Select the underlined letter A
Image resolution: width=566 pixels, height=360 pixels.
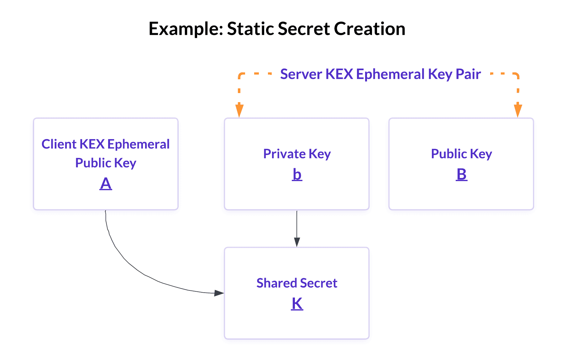(x=106, y=184)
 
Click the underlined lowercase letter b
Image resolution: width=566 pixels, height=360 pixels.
(x=297, y=175)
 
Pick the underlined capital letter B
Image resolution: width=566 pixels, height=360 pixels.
(x=461, y=175)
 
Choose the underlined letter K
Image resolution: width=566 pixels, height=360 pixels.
(x=297, y=304)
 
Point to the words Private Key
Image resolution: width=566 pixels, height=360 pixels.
(x=297, y=154)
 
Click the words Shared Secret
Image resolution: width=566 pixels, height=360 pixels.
(x=297, y=283)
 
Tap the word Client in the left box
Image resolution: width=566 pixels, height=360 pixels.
(x=59, y=144)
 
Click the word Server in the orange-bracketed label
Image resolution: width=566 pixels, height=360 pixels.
(x=301, y=74)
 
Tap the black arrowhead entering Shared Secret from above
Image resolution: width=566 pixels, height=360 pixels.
(x=297, y=242)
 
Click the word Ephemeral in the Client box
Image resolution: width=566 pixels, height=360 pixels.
(x=138, y=144)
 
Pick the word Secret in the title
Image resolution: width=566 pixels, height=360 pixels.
(x=304, y=29)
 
